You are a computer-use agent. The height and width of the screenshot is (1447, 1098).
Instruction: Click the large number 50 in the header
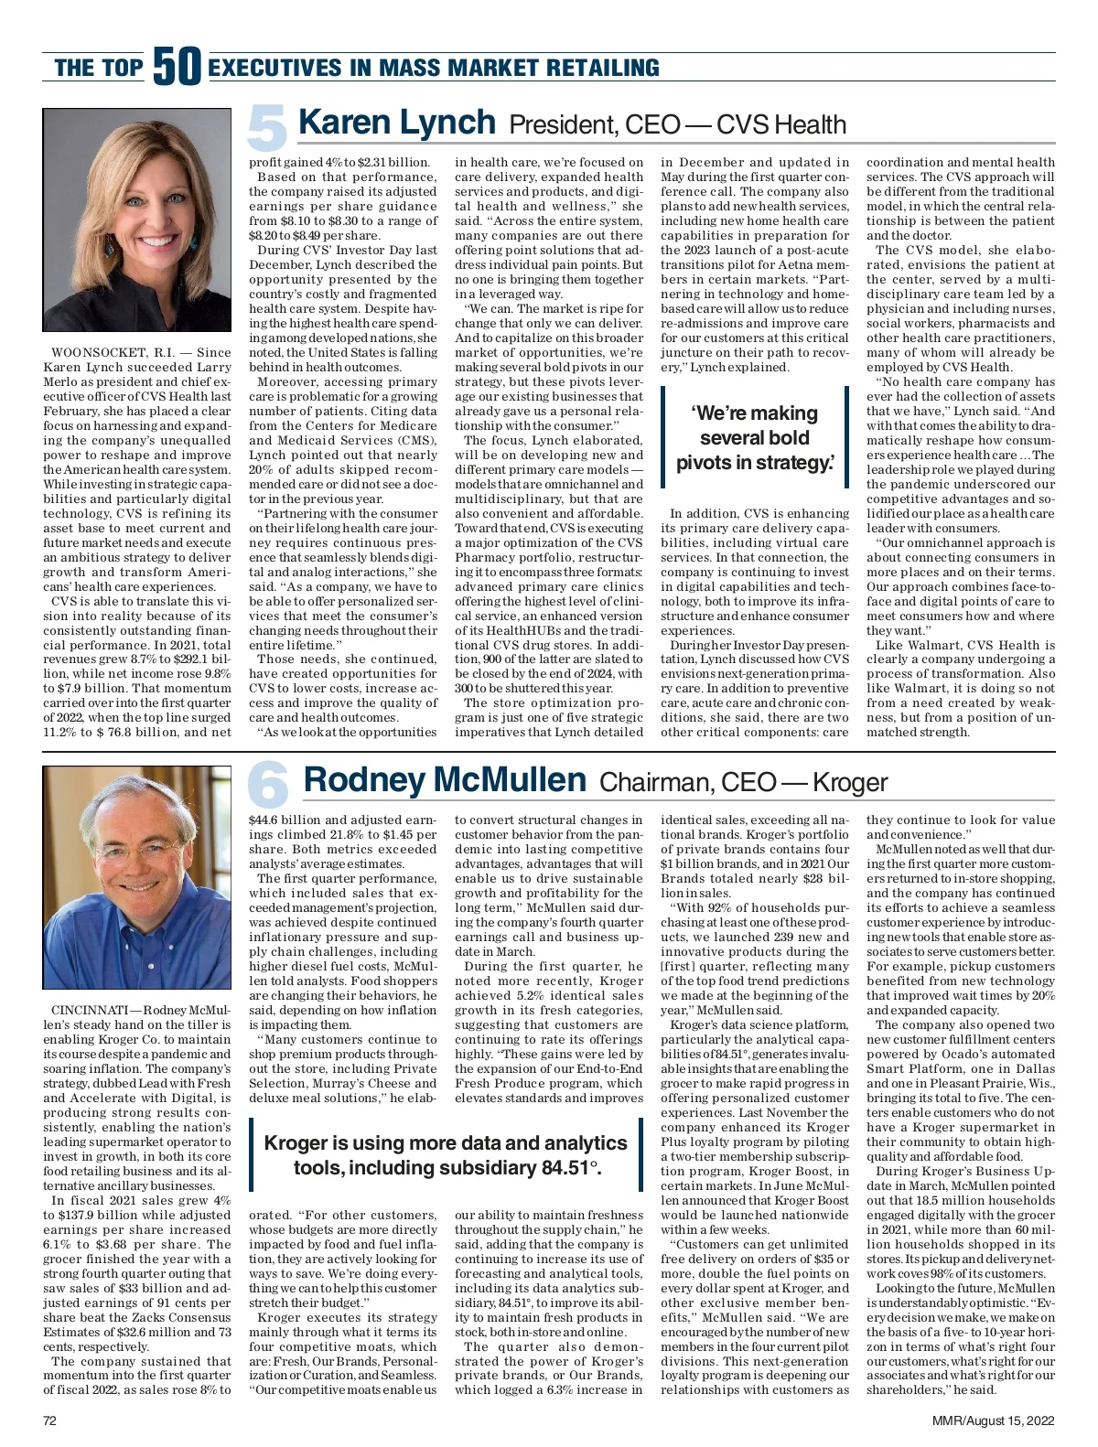coord(177,67)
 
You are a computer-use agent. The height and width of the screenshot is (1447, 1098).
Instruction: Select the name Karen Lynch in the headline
coord(397,123)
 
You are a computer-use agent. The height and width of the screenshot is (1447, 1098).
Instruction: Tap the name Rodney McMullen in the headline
coord(445,780)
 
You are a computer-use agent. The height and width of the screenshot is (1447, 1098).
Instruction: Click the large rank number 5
coord(268,129)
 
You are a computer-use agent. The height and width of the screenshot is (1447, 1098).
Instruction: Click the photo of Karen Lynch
coord(137,220)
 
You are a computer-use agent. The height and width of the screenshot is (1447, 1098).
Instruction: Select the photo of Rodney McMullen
coord(137,878)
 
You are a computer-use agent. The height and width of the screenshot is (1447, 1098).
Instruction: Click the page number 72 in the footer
coord(50,1420)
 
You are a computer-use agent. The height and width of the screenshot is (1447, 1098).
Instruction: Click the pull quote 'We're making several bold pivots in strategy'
coord(755,438)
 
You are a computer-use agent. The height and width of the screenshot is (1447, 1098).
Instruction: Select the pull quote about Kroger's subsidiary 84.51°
coord(446,1155)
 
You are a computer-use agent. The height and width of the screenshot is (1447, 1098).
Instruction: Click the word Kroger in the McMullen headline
coord(849,783)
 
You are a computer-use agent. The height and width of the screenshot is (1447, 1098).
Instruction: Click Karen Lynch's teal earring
coord(109,247)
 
